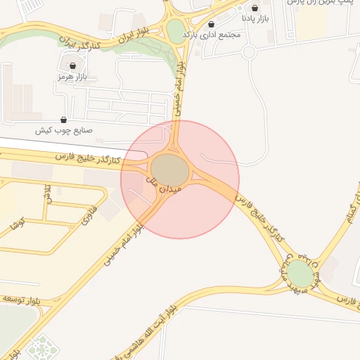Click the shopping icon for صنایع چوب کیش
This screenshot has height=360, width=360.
pos(64,120)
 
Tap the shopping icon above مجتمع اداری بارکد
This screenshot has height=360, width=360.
pos(212,24)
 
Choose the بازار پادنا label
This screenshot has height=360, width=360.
pos(256,17)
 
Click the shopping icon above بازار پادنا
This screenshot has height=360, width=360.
pos(264,8)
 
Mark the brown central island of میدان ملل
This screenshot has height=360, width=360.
pos(169,169)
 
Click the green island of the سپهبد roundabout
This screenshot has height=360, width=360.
pos(300,274)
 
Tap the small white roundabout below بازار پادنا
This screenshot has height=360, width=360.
pos(248,51)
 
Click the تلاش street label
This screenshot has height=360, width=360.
pos(47,192)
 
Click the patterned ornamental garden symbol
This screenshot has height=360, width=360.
pos(44,349)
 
